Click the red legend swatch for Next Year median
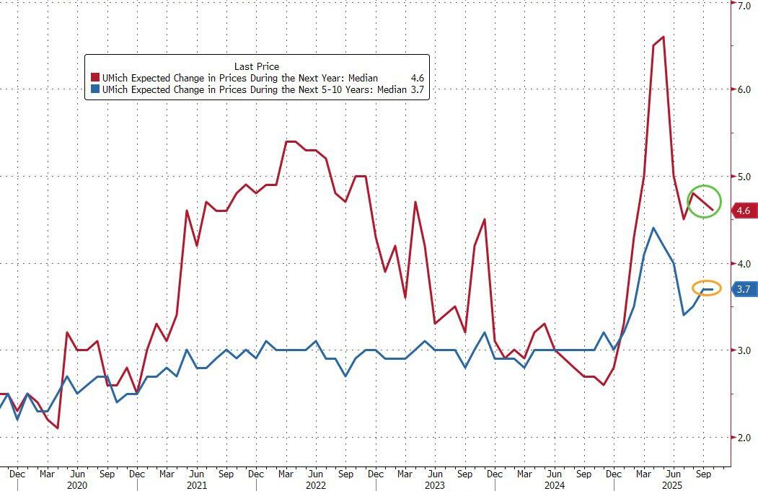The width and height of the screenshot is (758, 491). (x=94, y=78)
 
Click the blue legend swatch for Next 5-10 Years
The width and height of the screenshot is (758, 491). (x=94, y=89)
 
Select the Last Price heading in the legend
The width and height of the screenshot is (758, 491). (x=256, y=66)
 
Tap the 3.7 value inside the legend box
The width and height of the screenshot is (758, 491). (x=418, y=89)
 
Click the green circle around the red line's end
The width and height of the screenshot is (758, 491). (x=704, y=201)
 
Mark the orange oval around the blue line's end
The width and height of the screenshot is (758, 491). (x=708, y=289)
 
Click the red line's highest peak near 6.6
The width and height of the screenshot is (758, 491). (x=663, y=37)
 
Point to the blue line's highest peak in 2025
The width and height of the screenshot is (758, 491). (x=653, y=229)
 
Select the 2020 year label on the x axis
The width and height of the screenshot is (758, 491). (x=77, y=485)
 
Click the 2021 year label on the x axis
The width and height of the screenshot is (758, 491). (x=196, y=485)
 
